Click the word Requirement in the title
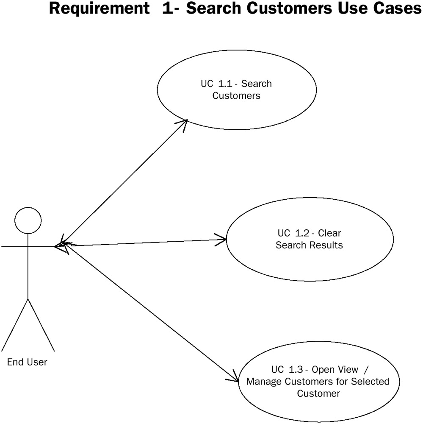pos(98,8)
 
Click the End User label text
pos(28,362)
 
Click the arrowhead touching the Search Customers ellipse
pos(183,123)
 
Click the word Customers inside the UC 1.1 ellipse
pos(236,95)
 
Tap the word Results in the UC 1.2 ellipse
pos(326,245)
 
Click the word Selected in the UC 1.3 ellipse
pos(370,382)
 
